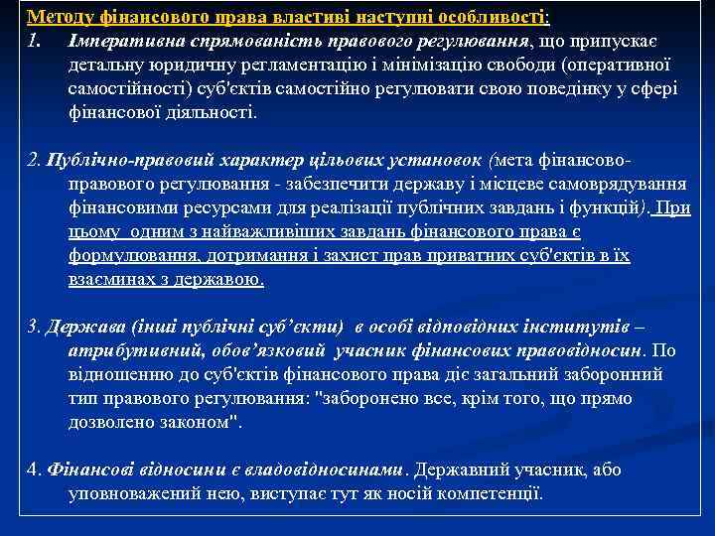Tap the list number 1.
(x=35, y=42)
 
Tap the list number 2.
(x=33, y=161)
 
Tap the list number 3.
(x=33, y=327)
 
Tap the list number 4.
(x=33, y=469)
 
